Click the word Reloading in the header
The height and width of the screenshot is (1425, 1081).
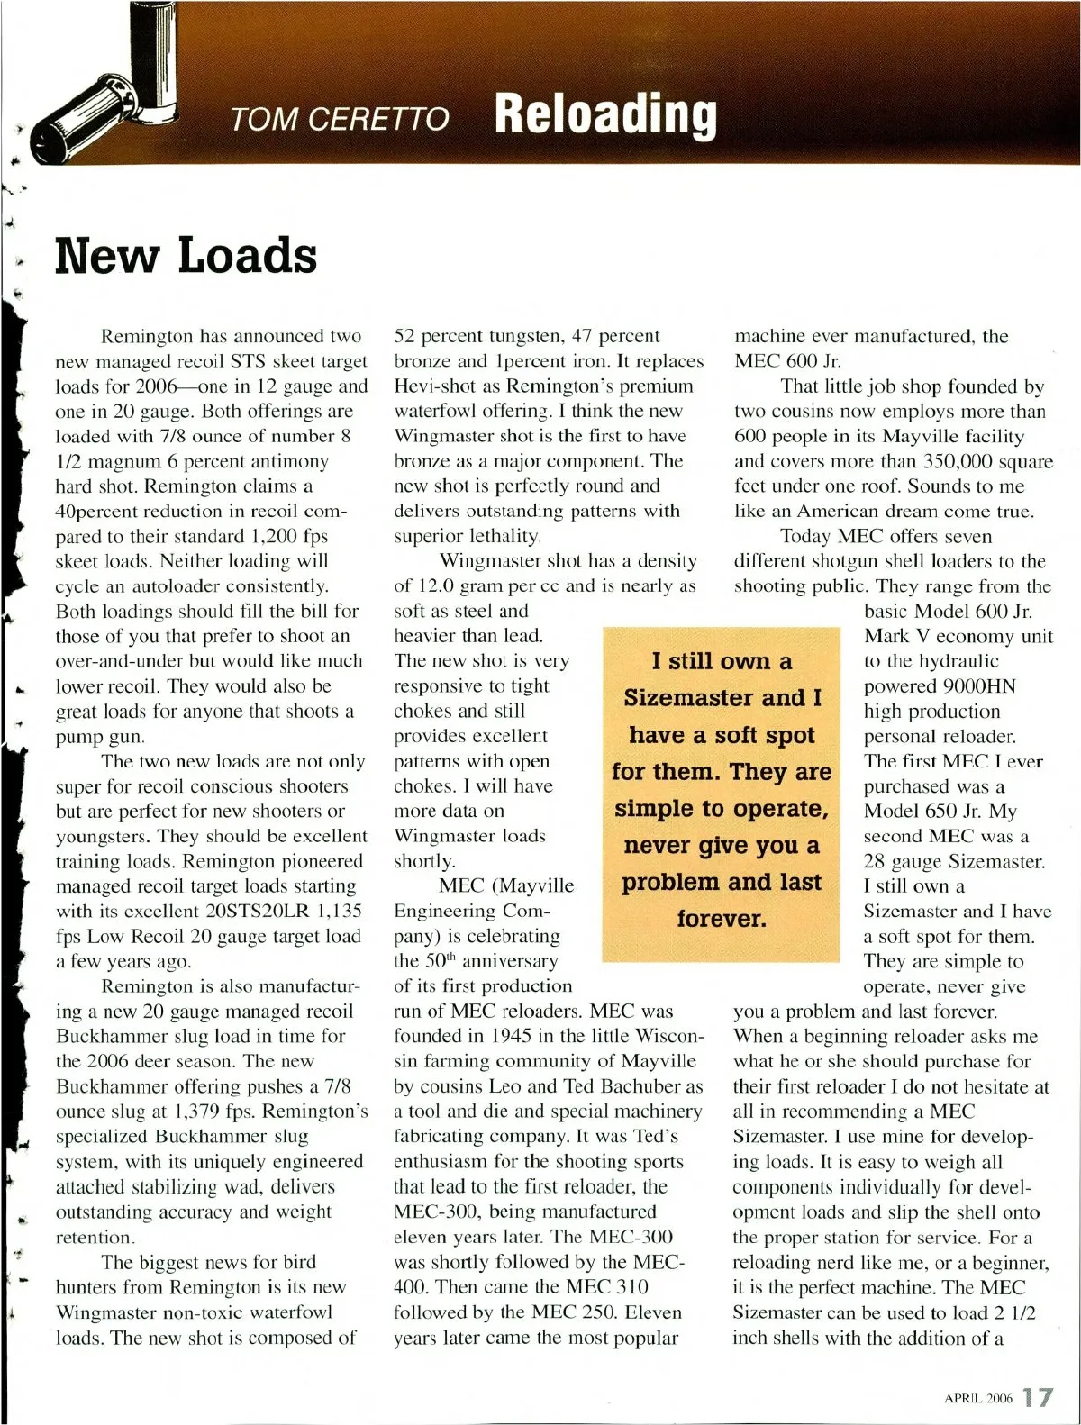605,115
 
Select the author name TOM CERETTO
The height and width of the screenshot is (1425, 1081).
339,119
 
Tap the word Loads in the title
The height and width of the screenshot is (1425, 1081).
247,255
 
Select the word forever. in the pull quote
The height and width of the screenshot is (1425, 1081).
722,919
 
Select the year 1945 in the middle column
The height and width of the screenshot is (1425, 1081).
513,1036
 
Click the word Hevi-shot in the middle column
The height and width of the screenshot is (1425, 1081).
434,386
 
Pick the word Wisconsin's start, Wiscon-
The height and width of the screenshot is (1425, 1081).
668,1036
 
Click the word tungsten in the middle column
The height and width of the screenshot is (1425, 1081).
513,336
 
